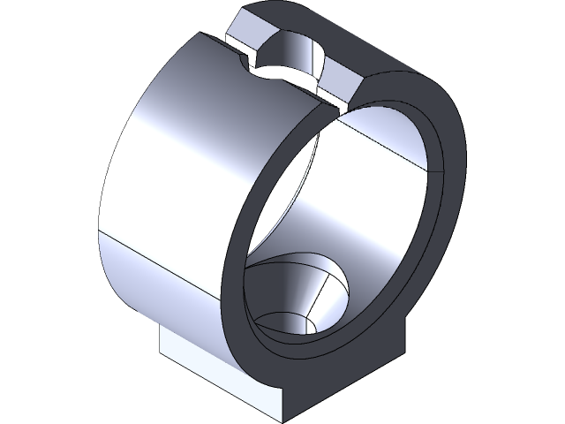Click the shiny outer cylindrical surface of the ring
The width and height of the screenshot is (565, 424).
[x=168, y=177]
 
